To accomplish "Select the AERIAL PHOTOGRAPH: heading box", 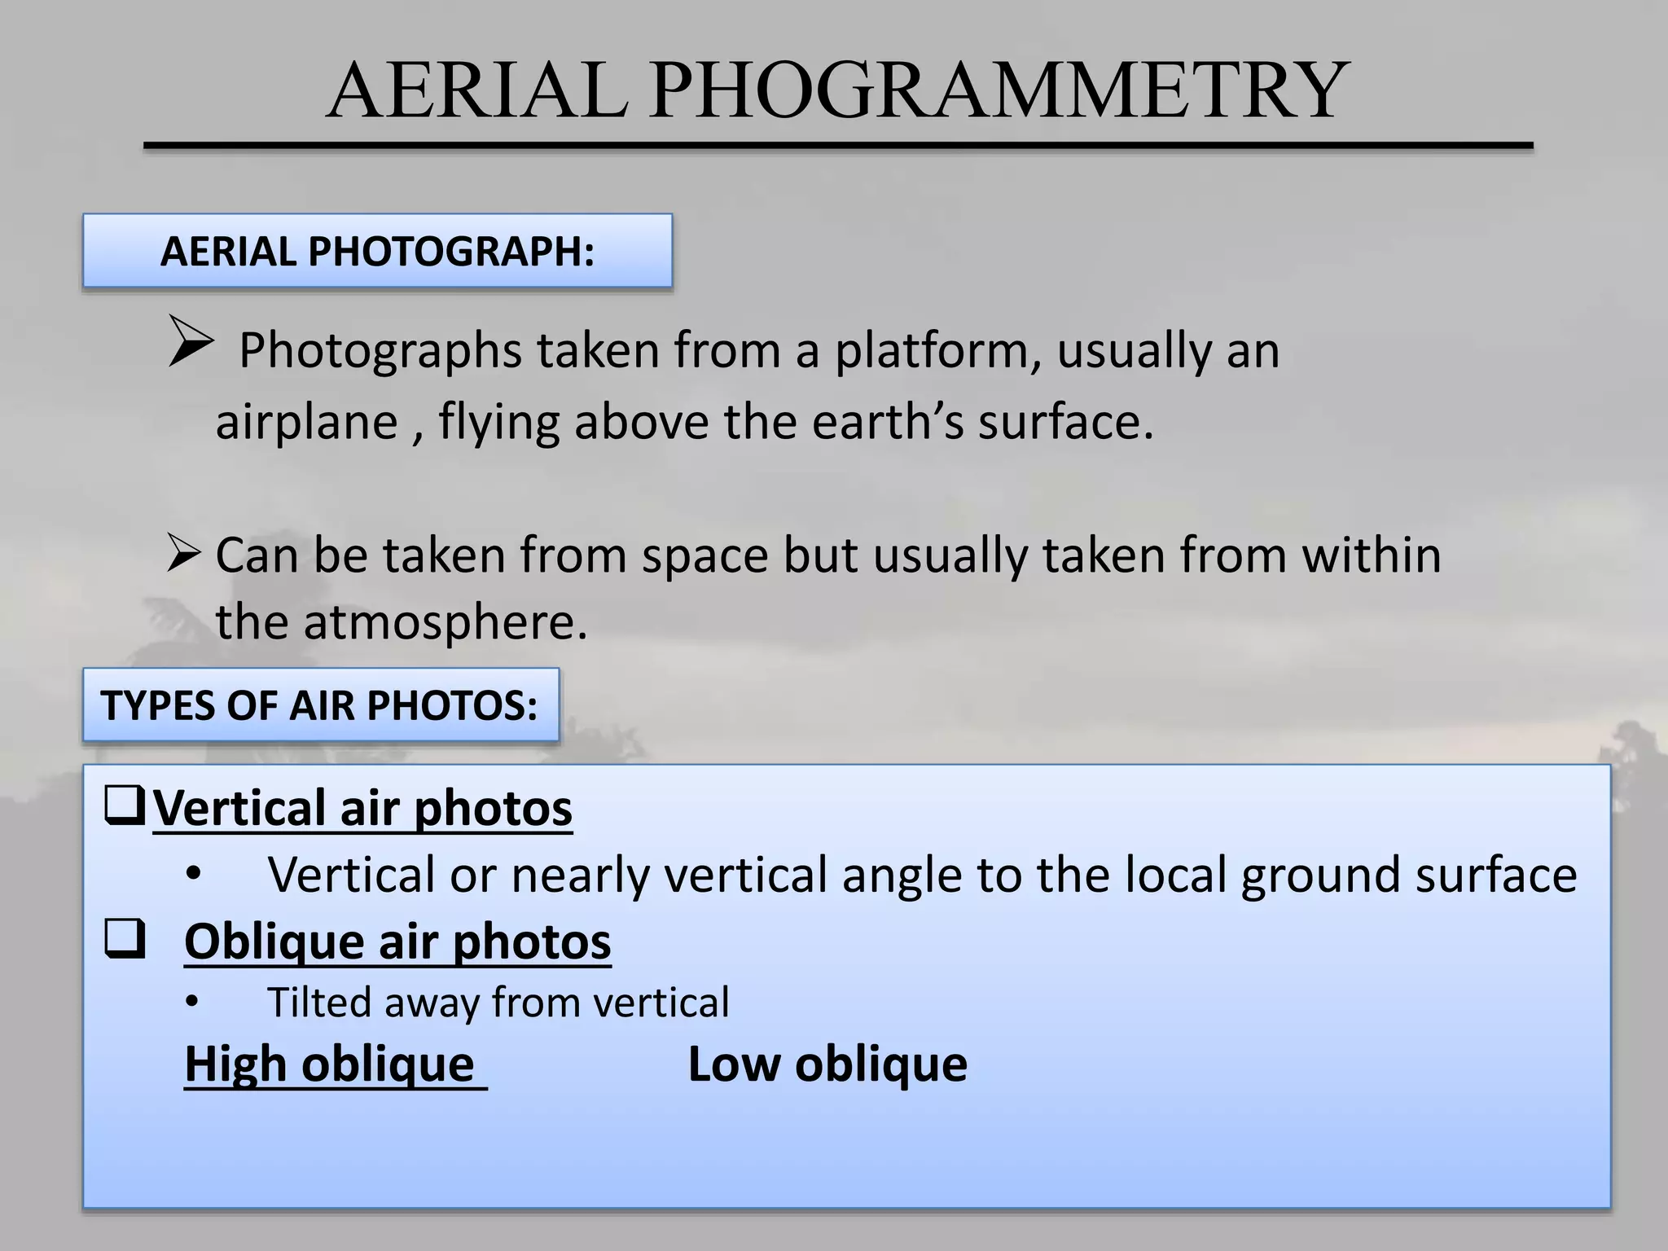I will point(377,251).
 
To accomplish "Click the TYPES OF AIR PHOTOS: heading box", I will point(320,705).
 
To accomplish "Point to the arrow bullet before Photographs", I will point(191,342).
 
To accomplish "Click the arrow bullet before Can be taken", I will point(183,553).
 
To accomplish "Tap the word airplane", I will point(306,422).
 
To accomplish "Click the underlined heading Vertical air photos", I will point(362,808).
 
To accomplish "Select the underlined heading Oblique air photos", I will point(397,942).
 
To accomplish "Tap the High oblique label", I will point(330,1064).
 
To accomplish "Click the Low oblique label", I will point(827,1064).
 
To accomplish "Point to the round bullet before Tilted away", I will point(192,1003).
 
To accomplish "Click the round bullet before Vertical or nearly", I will point(193,875).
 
